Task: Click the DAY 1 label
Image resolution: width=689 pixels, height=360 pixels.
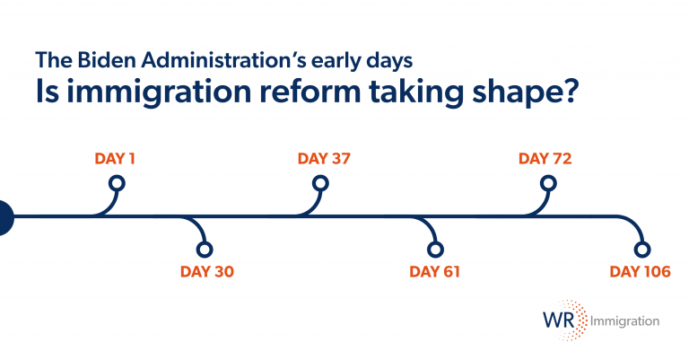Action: [115, 158]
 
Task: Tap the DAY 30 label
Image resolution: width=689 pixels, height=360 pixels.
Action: [207, 271]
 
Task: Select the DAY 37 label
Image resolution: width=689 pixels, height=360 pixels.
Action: [324, 158]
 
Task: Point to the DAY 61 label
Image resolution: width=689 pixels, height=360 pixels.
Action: [434, 271]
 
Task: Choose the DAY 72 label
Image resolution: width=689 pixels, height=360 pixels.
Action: [545, 158]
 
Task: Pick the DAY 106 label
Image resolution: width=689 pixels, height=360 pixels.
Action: [641, 271]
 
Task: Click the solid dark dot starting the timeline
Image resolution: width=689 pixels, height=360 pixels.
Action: [5, 217]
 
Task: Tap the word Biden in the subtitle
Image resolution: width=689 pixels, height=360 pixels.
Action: [107, 60]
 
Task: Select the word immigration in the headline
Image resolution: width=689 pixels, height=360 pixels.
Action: [159, 92]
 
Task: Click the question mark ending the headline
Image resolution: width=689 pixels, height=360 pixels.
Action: [571, 90]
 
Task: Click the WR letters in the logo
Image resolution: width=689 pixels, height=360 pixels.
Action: [559, 320]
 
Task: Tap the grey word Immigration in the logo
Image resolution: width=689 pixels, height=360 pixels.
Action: [624, 321]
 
